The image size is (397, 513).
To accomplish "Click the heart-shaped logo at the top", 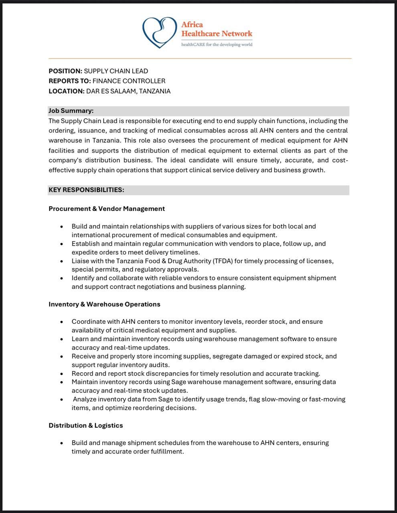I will tap(159, 32).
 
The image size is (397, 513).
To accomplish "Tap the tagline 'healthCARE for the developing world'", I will tap(217, 44).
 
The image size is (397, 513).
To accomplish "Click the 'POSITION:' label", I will tap(65, 71).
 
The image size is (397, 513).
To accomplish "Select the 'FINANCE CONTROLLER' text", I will tap(129, 81).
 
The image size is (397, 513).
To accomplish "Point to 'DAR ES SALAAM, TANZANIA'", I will tap(128, 91).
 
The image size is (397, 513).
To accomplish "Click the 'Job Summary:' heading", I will tap(71, 111).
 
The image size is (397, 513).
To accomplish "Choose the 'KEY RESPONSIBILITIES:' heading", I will tap(86, 190).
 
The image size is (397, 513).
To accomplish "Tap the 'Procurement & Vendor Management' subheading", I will tap(107, 208).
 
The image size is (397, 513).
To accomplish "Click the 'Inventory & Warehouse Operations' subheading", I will tap(104, 304).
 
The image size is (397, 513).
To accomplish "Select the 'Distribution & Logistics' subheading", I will tap(86, 425).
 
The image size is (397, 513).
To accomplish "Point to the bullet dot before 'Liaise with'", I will tap(61, 261).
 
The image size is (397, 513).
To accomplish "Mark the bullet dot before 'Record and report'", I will tap(61, 374).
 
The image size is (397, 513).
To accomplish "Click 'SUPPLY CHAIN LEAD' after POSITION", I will tap(116, 71).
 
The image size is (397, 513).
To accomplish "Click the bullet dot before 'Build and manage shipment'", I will tap(61, 443).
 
